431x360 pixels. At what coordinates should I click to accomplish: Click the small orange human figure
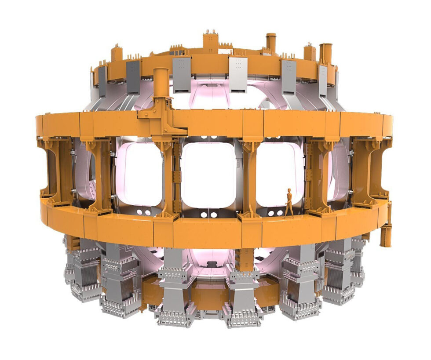pos(289,203)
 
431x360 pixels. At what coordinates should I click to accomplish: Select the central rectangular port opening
pos(208,175)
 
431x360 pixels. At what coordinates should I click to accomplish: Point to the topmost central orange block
pos(210,41)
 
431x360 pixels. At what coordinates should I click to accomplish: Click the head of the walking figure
pos(289,191)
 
